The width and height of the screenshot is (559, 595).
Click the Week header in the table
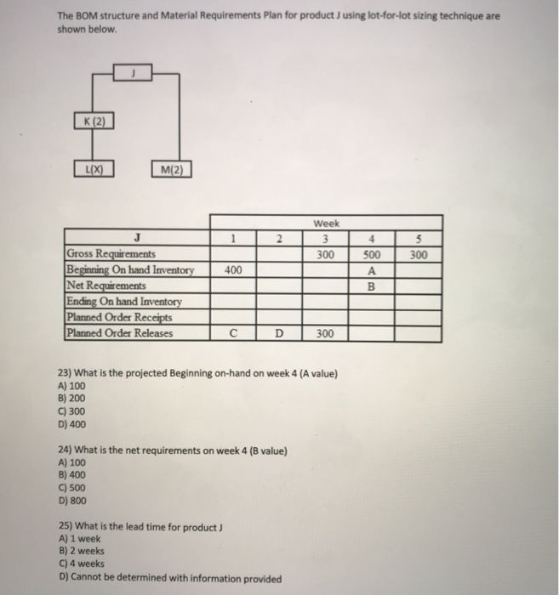327,223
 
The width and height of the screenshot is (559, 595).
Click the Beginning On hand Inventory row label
130,270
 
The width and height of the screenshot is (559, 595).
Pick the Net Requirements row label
106,286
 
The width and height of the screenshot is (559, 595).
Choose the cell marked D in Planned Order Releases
279,333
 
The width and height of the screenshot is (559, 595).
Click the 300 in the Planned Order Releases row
327,333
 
